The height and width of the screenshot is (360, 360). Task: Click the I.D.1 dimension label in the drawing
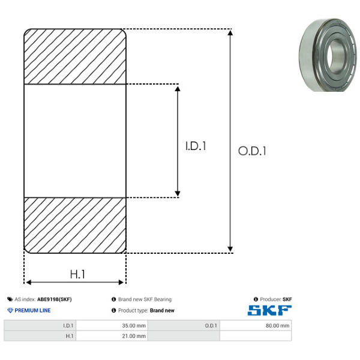(x=196, y=146)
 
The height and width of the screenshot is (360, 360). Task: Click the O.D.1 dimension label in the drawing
(x=252, y=151)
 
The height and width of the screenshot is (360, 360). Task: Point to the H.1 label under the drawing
(x=77, y=274)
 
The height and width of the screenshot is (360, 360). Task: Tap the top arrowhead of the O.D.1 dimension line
(x=230, y=32)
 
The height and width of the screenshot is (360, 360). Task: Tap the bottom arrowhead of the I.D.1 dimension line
(x=178, y=194)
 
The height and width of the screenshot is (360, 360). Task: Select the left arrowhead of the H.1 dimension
(x=28, y=282)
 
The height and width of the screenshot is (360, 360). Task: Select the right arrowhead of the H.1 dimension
(x=121, y=282)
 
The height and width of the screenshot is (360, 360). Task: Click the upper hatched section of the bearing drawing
(x=75, y=56)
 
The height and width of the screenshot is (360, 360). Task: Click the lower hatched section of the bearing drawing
(x=75, y=225)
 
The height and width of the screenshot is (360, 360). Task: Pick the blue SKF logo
(x=269, y=310)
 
